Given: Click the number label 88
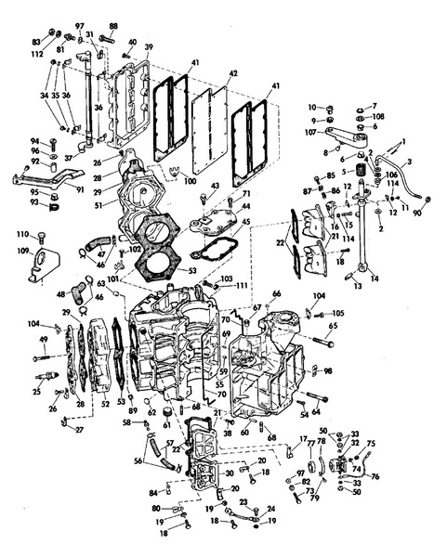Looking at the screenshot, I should (113, 26).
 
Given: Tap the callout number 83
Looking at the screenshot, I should (36, 43).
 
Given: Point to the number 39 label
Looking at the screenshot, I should (149, 47).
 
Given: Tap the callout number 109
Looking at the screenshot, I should (22, 250).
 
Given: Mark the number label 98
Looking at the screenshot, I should (328, 370).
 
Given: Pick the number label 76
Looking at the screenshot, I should (375, 477).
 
